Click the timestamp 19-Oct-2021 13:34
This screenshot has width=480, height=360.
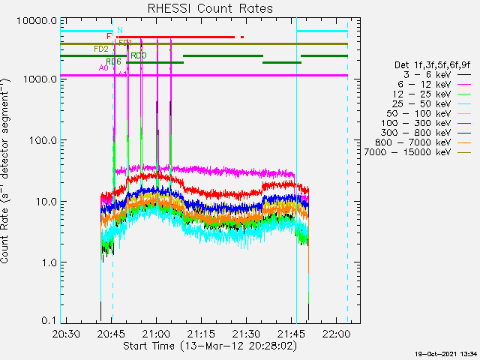point(448,353)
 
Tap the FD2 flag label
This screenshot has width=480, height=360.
point(100,49)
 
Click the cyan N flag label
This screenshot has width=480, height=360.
point(120,30)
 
